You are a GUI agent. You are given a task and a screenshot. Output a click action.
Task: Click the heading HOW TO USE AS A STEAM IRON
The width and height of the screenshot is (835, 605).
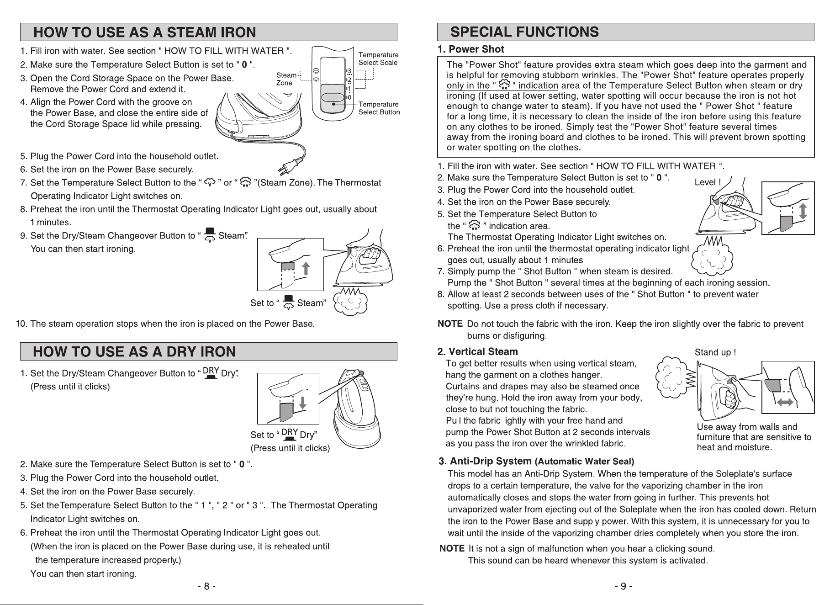[x=145, y=32]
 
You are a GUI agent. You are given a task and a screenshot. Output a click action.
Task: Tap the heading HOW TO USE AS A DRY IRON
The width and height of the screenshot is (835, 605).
[x=135, y=351]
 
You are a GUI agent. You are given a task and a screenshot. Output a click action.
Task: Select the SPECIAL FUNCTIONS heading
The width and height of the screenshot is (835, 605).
[x=524, y=32]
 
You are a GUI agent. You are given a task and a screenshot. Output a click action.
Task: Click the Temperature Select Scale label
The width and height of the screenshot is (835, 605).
[x=378, y=59]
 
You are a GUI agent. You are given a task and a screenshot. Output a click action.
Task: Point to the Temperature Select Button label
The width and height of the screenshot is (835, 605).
[x=379, y=108]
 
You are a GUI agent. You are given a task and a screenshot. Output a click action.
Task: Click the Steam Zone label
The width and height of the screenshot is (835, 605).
[x=286, y=79]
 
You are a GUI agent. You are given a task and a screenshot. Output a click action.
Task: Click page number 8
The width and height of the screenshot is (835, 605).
[x=206, y=586]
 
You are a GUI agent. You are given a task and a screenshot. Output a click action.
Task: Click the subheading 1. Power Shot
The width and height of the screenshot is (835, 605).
[x=470, y=49]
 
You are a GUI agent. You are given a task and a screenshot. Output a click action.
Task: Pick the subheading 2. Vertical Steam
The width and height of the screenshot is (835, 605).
[x=478, y=352]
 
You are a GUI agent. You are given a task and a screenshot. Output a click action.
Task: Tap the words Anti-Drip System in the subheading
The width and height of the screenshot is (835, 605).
[x=491, y=461]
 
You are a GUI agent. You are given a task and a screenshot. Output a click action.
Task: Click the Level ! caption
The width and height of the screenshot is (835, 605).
[x=708, y=182]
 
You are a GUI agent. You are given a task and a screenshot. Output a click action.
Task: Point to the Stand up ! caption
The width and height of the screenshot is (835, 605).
[x=715, y=352]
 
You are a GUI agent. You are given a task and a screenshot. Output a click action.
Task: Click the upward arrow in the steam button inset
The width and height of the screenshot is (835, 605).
[x=307, y=269]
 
